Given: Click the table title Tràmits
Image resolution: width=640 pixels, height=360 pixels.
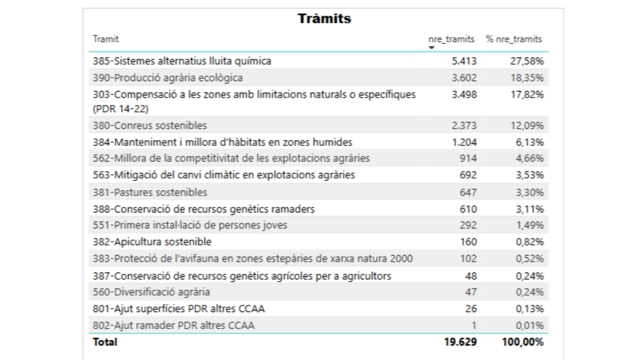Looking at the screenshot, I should point(324,18).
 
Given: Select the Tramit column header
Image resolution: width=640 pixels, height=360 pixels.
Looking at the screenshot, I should point(105,39).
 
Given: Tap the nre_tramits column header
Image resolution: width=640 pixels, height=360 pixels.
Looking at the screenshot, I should point(451,39).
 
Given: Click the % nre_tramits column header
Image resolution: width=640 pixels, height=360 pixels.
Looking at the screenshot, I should point(513,39).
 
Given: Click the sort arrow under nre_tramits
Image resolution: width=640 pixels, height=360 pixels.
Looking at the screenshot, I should point(431,47).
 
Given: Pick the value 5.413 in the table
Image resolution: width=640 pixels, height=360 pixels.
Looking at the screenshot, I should point(464,61).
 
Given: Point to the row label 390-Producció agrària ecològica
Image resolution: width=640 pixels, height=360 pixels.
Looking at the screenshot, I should point(167,77).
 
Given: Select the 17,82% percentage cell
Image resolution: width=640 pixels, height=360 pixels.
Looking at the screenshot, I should point(527,94).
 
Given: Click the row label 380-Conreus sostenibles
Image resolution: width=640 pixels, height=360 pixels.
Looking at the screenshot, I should point(149,125).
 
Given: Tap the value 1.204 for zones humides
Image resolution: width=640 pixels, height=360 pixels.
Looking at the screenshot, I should point(464,142).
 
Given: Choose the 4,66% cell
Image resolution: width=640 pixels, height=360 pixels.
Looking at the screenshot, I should point(529,158).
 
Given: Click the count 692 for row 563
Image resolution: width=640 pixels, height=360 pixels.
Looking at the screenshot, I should point(468,175).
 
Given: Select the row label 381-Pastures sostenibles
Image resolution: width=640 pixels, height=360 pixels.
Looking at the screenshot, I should point(149,192).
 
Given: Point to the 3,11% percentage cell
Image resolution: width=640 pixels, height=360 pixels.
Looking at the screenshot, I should point(529,209).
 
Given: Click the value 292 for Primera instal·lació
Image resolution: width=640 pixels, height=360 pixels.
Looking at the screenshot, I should point(468,225).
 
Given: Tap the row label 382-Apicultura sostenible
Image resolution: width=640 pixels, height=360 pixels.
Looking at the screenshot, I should point(152,242).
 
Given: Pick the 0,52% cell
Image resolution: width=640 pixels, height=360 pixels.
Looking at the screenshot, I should point(529,258).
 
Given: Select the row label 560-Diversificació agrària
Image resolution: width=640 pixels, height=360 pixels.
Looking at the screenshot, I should point(151,292).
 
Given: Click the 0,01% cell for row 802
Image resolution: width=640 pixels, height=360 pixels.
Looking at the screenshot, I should point(529,325).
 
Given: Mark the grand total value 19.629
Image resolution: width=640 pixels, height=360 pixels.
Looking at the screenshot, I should point(460,342).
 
